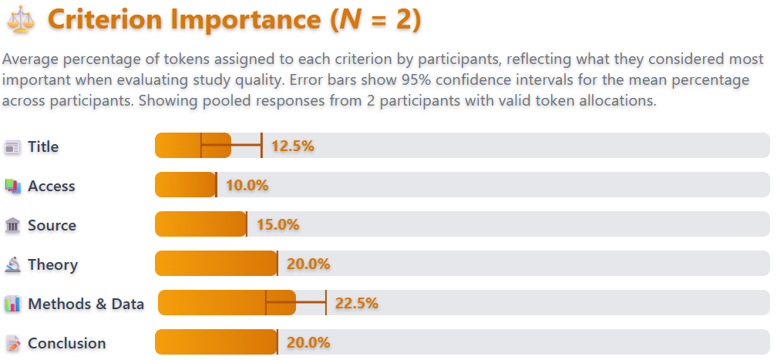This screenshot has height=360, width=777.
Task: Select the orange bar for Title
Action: pos(193,146)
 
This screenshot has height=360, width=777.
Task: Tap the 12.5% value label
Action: pos(292,146)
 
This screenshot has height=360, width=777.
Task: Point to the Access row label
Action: pos(51,186)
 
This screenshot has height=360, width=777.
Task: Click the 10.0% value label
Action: pos(247,186)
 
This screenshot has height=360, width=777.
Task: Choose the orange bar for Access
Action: pos(185,185)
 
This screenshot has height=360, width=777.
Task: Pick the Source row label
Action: pos(52,225)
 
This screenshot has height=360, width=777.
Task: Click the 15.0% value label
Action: pos(277,225)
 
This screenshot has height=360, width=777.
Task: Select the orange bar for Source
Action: pos(200,224)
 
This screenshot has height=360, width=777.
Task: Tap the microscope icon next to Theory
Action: pos(12,264)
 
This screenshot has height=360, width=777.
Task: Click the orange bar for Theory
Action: pos(216,264)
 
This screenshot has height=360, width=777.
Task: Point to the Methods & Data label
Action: pos(86,304)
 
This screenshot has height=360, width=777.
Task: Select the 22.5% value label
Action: pos(357,304)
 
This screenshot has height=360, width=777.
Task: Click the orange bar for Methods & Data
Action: pos(227,303)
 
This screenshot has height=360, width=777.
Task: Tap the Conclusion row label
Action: pos(66,343)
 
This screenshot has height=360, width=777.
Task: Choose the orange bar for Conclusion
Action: pos(216,342)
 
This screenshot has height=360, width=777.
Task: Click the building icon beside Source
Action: pos(12,225)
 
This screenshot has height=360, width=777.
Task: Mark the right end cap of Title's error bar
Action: pos(261,146)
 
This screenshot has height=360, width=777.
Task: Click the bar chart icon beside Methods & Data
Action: pos(12,304)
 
